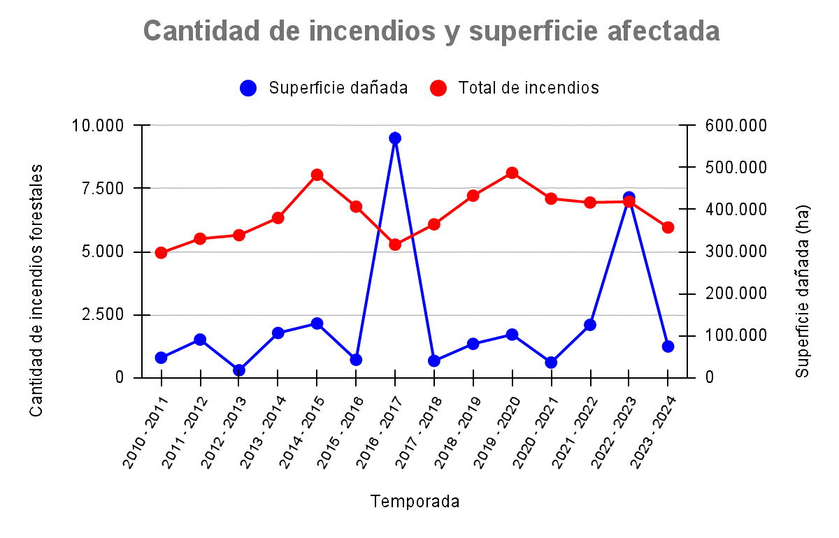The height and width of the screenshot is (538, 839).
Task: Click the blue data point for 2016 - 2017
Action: pyautogui.click(x=395, y=138)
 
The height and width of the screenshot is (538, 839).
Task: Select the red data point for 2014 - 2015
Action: pyautogui.click(x=317, y=175)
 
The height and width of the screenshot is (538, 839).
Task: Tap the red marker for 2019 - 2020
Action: pyautogui.click(x=512, y=173)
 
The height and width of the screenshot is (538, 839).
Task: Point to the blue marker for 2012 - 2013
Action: pyautogui.click(x=239, y=370)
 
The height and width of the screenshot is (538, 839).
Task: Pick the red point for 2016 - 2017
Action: pyautogui.click(x=395, y=245)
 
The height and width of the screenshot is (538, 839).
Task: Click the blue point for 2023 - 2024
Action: pyautogui.click(x=668, y=347)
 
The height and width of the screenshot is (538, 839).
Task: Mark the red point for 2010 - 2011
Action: pyautogui.click(x=161, y=253)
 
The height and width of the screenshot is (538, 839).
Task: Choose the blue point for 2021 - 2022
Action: pyautogui.click(x=590, y=325)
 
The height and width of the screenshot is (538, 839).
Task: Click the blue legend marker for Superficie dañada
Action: pyautogui.click(x=248, y=88)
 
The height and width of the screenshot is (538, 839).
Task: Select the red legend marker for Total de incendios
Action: pyautogui.click(x=438, y=88)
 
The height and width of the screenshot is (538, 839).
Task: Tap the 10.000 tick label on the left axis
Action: pyautogui.click(x=98, y=126)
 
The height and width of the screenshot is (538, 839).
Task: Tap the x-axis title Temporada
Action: pyautogui.click(x=415, y=502)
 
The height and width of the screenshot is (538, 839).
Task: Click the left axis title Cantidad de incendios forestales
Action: pyautogui.click(x=37, y=290)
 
